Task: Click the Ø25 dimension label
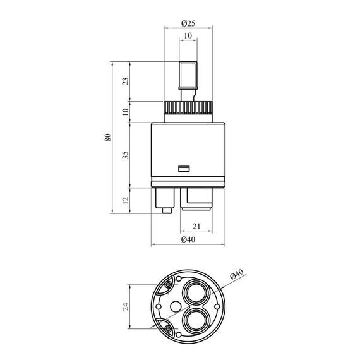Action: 188,23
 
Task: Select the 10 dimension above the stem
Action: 188,36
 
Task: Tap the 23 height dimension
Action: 126,81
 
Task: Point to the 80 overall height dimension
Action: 108,137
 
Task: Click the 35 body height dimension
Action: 126,155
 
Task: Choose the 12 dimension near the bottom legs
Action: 126,200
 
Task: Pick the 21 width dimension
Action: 196,227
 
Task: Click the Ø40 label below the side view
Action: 188,240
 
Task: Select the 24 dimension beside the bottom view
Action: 125,306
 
